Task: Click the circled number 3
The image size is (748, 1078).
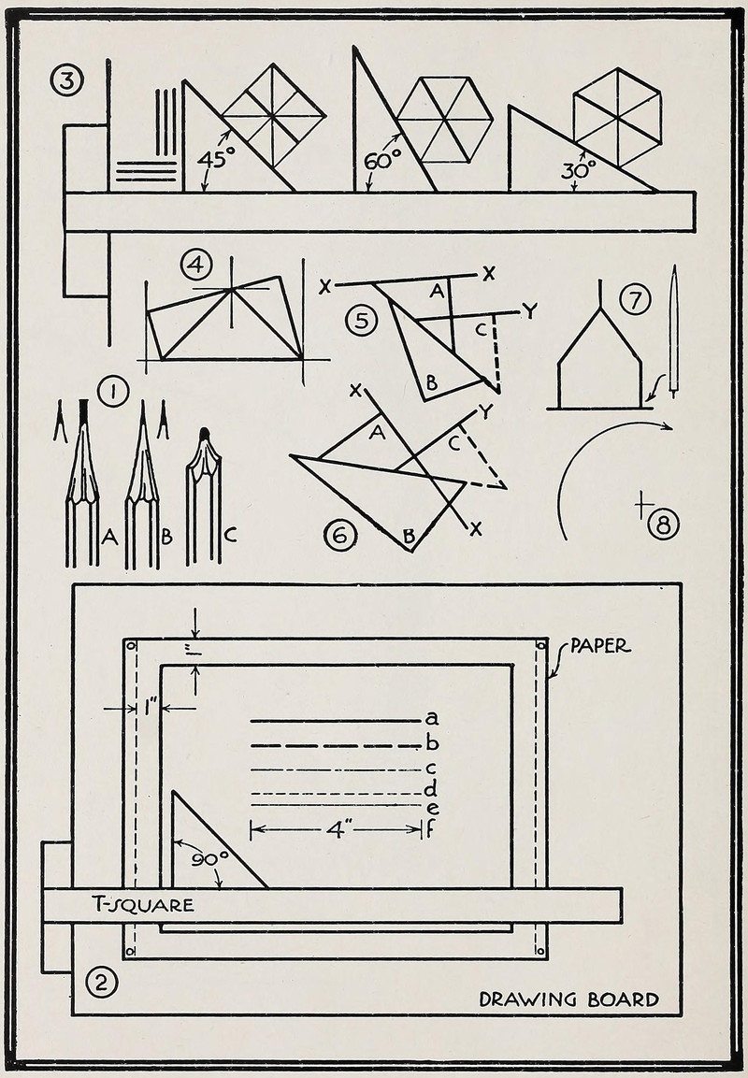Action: [66, 81]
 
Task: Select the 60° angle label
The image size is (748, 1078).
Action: [382, 160]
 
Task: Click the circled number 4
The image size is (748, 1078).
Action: [195, 265]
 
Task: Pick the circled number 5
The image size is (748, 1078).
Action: [361, 321]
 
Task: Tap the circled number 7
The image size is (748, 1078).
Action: [635, 300]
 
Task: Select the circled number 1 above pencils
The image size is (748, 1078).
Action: [113, 392]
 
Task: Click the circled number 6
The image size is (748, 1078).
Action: [340, 535]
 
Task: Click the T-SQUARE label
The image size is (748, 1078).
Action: [143, 904]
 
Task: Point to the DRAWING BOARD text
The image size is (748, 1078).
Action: [568, 999]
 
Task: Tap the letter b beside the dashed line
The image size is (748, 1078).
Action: [431, 744]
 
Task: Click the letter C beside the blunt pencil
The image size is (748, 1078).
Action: [230, 536]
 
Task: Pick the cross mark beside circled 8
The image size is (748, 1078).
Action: [642, 505]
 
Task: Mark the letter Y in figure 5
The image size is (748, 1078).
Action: [529, 311]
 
